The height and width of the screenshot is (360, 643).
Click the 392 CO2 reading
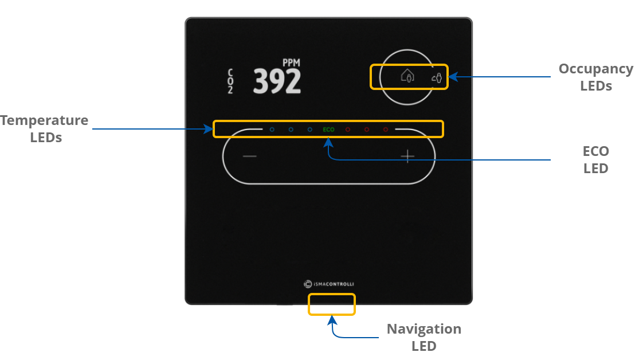277,81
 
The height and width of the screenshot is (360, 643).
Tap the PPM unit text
291,62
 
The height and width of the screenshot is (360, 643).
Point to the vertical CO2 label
230,81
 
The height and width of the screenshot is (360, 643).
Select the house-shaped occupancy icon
407,76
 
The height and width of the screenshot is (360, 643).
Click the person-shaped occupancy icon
437,77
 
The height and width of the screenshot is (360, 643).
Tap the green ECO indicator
328,130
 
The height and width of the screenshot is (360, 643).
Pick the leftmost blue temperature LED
272,130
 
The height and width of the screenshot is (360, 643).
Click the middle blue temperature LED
291,130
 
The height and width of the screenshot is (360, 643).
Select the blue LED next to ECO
310,130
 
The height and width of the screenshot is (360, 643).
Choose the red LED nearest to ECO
347,130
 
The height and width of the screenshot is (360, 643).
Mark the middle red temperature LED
366,130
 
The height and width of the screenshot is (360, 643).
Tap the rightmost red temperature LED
385,130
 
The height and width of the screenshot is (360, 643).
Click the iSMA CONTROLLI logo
329,283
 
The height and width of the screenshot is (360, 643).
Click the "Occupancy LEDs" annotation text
595,77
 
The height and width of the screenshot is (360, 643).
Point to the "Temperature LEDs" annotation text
45,129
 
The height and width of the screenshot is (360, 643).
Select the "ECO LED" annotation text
595,160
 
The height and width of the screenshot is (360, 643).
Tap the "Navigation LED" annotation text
424,337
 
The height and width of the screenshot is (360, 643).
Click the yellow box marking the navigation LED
332,304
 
